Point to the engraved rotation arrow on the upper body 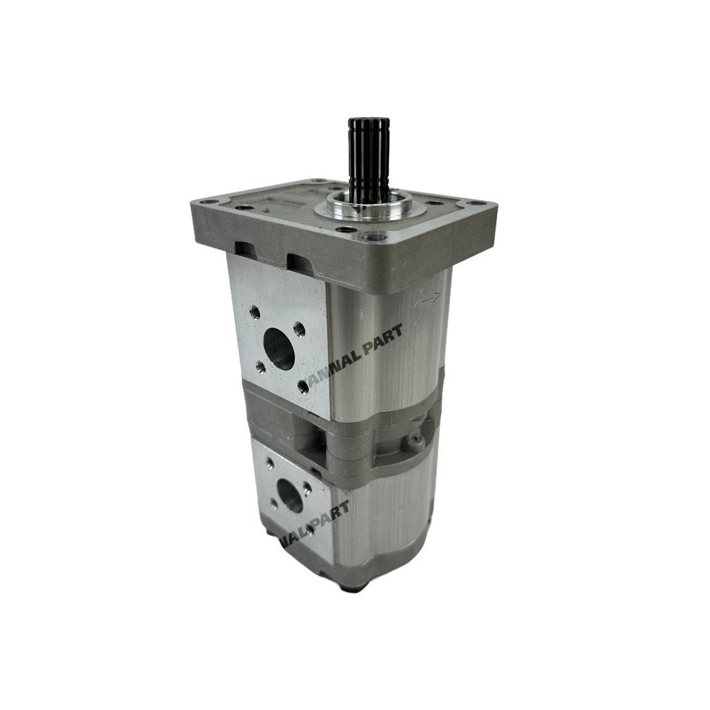point(429,299)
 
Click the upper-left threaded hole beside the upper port point(253,311)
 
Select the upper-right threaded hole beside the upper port point(300,327)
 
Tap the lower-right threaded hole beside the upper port point(304,386)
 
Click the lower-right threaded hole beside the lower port point(310,529)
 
